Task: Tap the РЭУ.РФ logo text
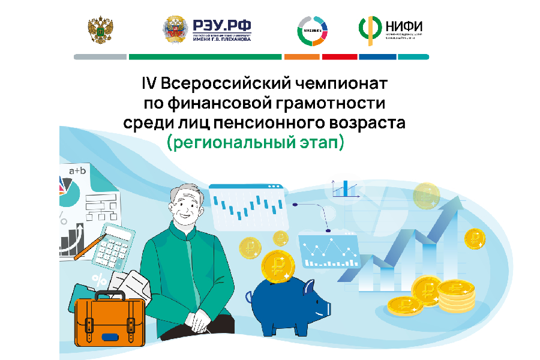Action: (x=221, y=25)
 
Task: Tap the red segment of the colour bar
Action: (x=340, y=57)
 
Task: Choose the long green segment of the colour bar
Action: (x=205, y=57)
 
